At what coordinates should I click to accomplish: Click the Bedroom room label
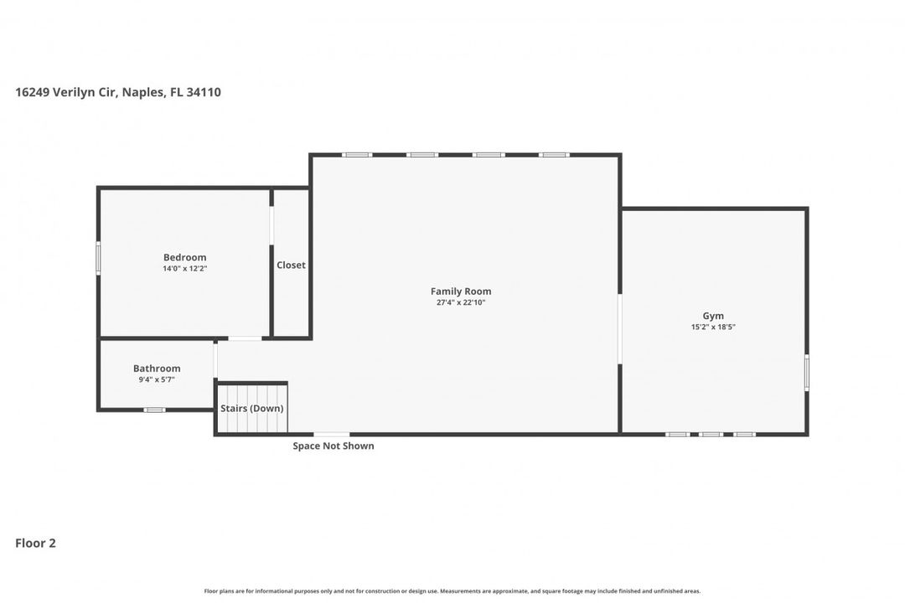coord(184,257)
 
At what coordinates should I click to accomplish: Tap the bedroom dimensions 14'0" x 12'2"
coord(184,269)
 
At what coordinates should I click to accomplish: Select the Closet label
coord(291,265)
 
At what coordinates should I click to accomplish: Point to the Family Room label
coord(461,291)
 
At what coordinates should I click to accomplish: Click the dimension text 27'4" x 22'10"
coord(461,302)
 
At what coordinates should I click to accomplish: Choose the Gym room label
coord(713,316)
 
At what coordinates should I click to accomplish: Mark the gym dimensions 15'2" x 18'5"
coord(713,327)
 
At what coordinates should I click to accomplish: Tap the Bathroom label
coord(157,368)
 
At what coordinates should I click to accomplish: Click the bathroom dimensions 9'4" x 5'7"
coord(157,379)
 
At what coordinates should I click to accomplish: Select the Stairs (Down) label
coord(251,409)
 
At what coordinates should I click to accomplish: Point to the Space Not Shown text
coord(334,446)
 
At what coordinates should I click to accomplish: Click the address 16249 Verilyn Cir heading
coord(118,92)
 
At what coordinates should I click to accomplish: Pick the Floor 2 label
coord(35,543)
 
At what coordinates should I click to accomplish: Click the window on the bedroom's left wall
coord(98,258)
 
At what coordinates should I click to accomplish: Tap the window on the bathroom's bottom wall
coord(154,410)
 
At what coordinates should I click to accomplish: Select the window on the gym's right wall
coord(807,373)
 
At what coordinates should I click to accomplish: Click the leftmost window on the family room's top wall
coord(357,154)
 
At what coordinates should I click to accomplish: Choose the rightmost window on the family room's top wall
coord(554,154)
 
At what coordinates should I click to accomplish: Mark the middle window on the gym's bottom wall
coord(711,434)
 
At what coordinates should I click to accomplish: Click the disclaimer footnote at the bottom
coord(452,590)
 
